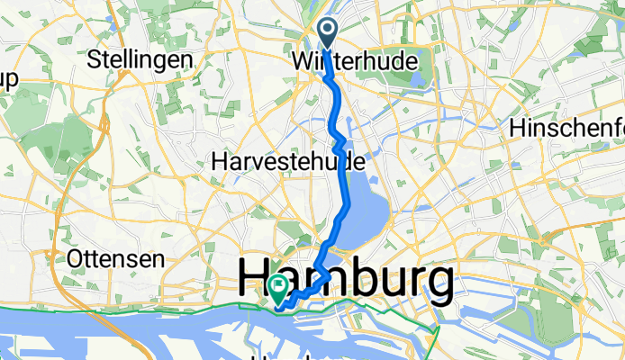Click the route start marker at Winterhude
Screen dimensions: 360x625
click(x=326, y=35)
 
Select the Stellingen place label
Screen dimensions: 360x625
click(x=140, y=61)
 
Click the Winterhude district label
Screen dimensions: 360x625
click(x=356, y=62)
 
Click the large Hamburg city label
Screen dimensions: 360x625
click(x=345, y=283)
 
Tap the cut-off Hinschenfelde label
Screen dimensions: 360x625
click(x=566, y=129)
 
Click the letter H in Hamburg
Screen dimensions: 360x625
click(x=258, y=283)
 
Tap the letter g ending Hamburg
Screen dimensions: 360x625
click(x=435, y=286)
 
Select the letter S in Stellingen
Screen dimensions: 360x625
click(x=94, y=61)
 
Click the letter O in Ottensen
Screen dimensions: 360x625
click(x=75, y=259)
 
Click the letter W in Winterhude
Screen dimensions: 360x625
click(x=302, y=62)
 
